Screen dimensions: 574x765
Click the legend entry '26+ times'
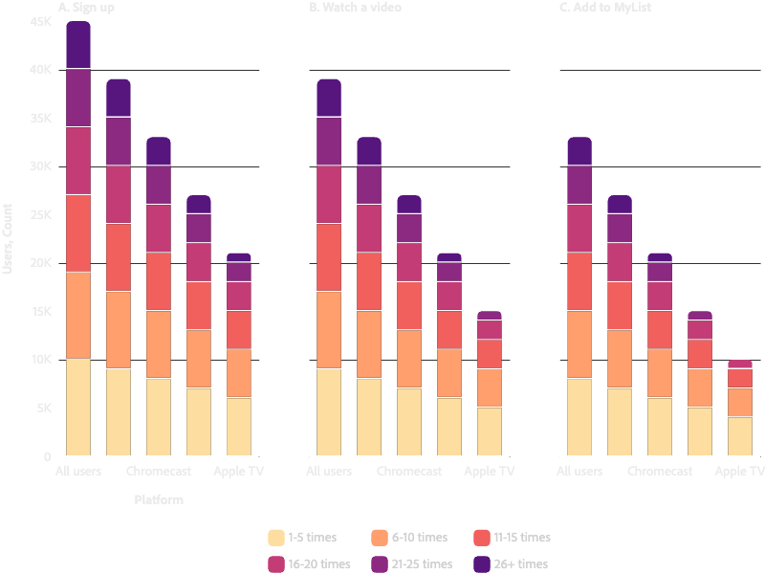coord(518,564)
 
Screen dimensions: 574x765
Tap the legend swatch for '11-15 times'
coord(482,538)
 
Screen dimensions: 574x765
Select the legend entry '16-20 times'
coord(319,564)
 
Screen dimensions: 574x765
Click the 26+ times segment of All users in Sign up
coord(78,45)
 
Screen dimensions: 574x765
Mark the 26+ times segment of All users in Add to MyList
coord(579,151)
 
